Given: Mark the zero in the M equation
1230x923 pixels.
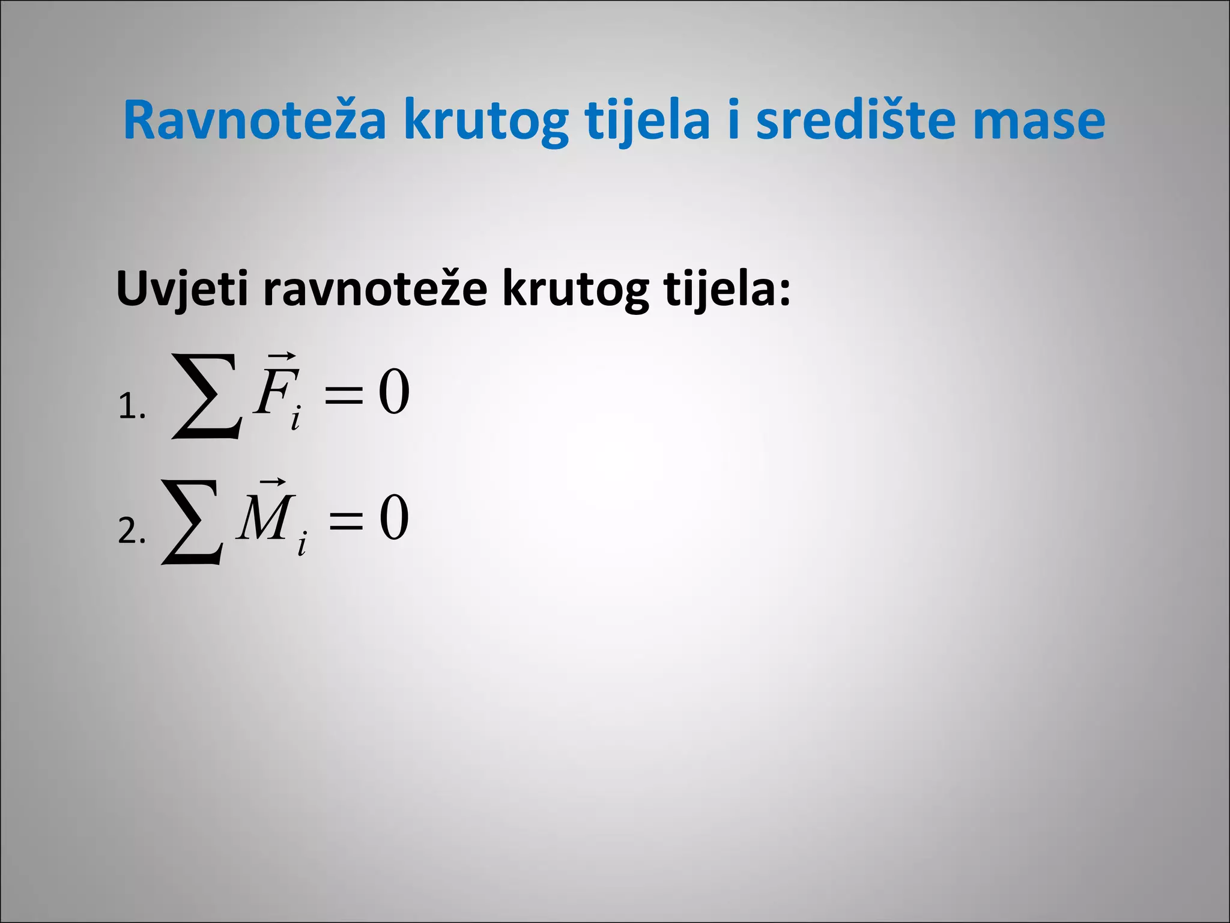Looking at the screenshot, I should click(394, 517).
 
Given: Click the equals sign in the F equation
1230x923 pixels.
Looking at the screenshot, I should click(344, 395).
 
